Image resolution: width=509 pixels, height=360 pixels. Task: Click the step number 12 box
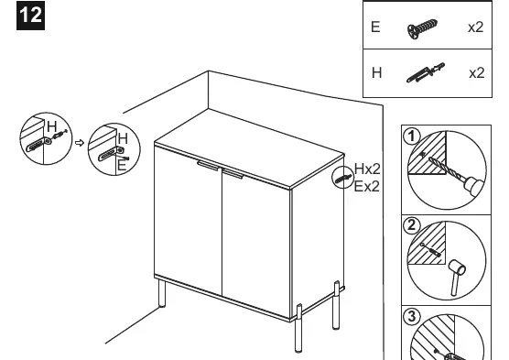[30, 16]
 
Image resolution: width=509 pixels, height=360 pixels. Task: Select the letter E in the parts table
[375, 27]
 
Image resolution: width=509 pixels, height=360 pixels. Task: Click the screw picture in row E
[422, 28]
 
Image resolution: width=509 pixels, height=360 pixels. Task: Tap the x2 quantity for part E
[475, 27]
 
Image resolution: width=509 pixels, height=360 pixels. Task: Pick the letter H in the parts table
[376, 72]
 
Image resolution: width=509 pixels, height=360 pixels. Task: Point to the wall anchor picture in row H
[426, 72]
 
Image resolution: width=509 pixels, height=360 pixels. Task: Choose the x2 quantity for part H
[477, 73]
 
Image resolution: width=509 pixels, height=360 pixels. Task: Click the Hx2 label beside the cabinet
[367, 169]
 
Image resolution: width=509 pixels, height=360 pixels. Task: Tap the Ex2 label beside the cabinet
[366, 187]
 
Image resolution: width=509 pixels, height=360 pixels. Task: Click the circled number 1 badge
[412, 136]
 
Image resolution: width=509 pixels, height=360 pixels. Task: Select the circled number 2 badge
[411, 225]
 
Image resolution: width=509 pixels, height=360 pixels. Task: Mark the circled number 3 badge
[411, 315]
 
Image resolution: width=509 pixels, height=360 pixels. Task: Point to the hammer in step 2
[457, 277]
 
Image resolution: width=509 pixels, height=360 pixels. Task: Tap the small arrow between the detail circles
[80, 143]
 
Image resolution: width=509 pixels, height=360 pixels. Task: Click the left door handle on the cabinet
[208, 166]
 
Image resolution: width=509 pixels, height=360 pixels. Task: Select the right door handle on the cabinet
[233, 174]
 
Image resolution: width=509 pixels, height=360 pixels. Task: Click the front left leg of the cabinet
[161, 294]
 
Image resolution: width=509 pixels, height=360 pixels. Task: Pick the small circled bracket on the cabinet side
[342, 178]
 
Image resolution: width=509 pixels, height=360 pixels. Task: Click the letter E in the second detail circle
[122, 166]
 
